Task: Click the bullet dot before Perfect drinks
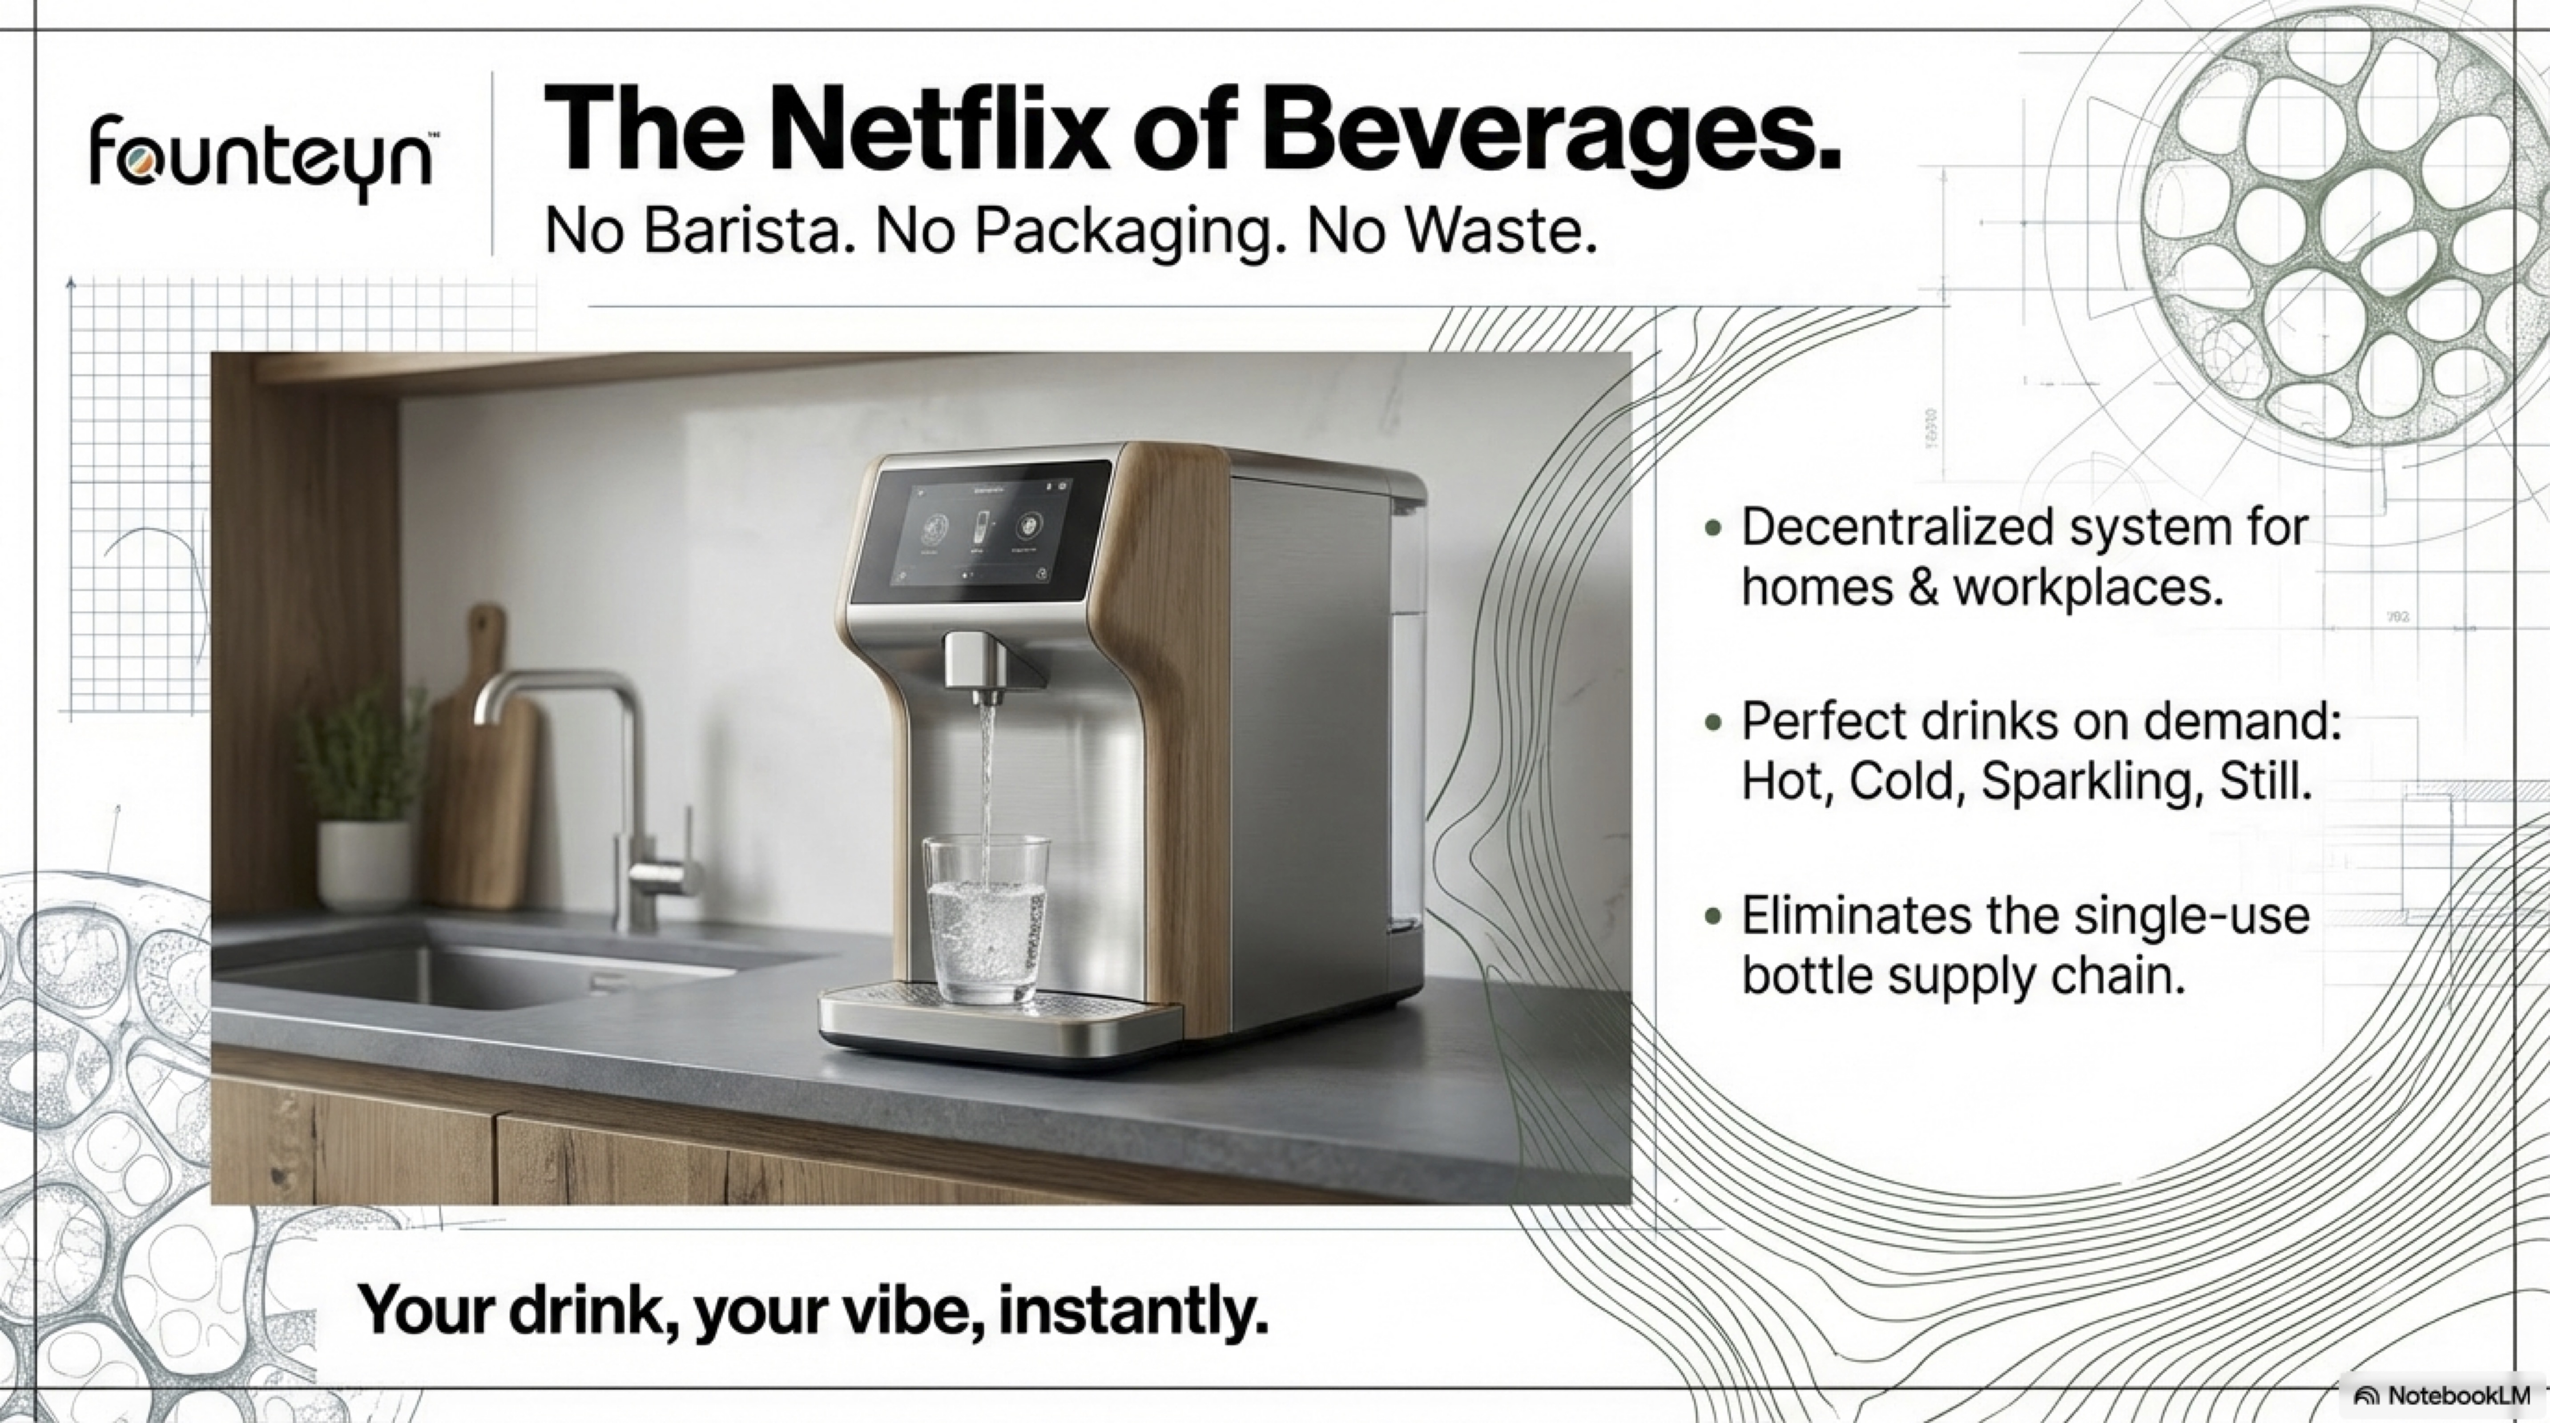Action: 1713,724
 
